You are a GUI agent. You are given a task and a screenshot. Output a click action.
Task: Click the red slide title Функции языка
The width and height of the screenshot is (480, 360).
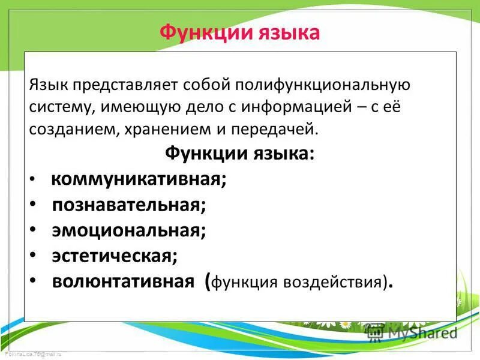click(x=239, y=32)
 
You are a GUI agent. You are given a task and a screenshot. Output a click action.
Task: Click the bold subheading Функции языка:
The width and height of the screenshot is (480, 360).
click(x=239, y=154)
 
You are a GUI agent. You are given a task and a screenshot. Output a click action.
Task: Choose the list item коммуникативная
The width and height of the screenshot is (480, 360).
click(x=139, y=179)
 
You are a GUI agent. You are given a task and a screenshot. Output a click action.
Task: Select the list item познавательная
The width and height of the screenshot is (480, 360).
click(x=129, y=205)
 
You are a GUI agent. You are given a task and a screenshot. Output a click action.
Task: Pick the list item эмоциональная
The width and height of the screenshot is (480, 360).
click(x=129, y=230)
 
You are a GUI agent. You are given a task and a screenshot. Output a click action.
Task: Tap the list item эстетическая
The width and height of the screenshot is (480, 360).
click(x=115, y=256)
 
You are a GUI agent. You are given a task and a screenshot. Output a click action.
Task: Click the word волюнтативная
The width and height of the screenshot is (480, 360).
click(x=123, y=281)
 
